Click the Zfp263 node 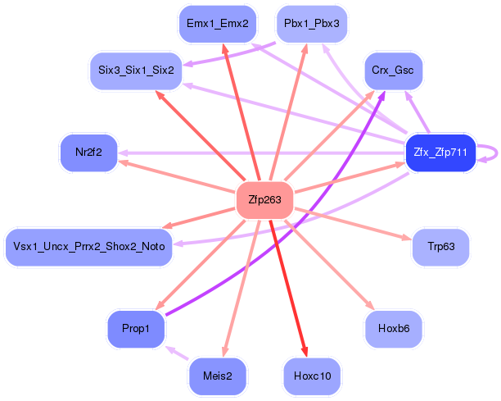click(264, 200)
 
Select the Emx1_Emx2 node click(218, 24)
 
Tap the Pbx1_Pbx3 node click(312, 24)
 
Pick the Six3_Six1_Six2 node click(136, 71)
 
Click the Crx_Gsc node click(393, 71)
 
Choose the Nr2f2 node click(89, 153)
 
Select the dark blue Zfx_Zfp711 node click(440, 153)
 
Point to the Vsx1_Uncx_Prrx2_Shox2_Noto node click(89, 247)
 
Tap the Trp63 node click(441, 247)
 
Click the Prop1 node click(136, 329)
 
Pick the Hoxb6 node click(394, 329)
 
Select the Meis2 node click(218, 376)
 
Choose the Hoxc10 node click(312, 376)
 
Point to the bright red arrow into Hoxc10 click(288, 288)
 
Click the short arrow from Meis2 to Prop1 click(177, 353)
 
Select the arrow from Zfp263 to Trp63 click(353, 224)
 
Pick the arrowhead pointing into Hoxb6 click(371, 306)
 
